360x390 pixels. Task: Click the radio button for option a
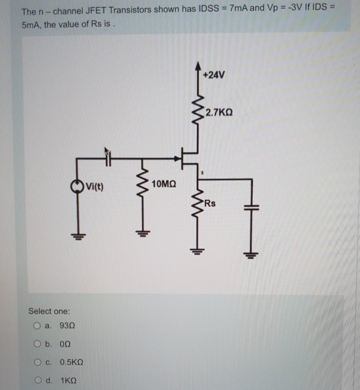tap(37, 326)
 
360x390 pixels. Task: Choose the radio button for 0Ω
tap(37, 344)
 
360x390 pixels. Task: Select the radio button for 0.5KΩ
tap(37, 362)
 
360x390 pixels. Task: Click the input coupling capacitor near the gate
tap(108, 159)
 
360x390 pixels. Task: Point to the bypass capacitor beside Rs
tap(252, 206)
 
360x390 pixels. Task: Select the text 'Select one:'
tap(49, 311)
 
